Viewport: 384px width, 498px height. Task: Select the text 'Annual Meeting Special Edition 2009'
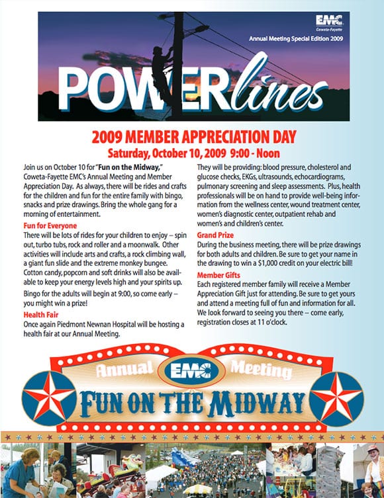[x=297, y=39]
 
